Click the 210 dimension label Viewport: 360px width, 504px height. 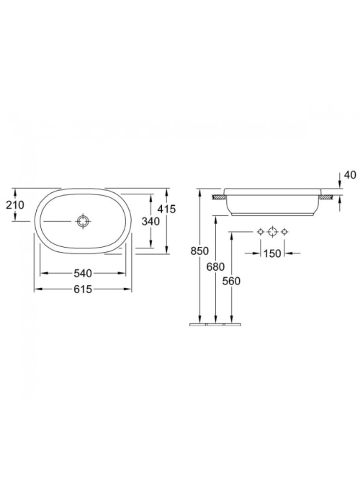(15, 204)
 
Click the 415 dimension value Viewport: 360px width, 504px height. (167, 209)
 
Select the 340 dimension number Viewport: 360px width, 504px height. (150, 221)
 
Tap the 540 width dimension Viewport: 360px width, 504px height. (83, 274)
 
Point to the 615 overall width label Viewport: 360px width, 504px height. (83, 289)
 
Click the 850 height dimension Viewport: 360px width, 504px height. (199, 251)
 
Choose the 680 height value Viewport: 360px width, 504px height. (216, 266)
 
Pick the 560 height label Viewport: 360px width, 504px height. (231, 282)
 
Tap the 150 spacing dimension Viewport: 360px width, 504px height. (272, 253)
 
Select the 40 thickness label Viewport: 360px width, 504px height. (351, 175)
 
